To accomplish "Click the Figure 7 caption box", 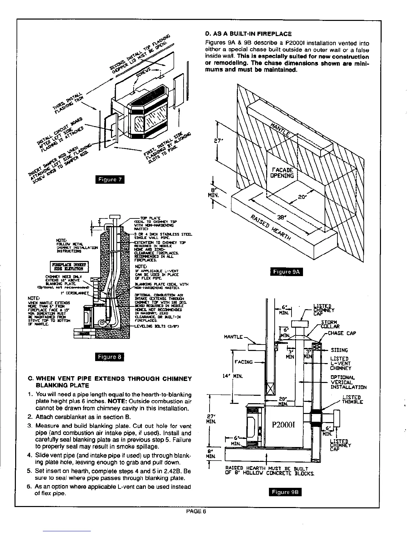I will pos(110,179).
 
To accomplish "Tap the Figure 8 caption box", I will pos(110,357).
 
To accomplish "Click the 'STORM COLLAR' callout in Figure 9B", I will pos(330,324).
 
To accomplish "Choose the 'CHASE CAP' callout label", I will pos(342,333).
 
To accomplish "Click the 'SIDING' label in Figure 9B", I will pos(339,350).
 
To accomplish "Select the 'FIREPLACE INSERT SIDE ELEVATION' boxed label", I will pos(68,266).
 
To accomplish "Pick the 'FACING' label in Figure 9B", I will pos(243,362).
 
